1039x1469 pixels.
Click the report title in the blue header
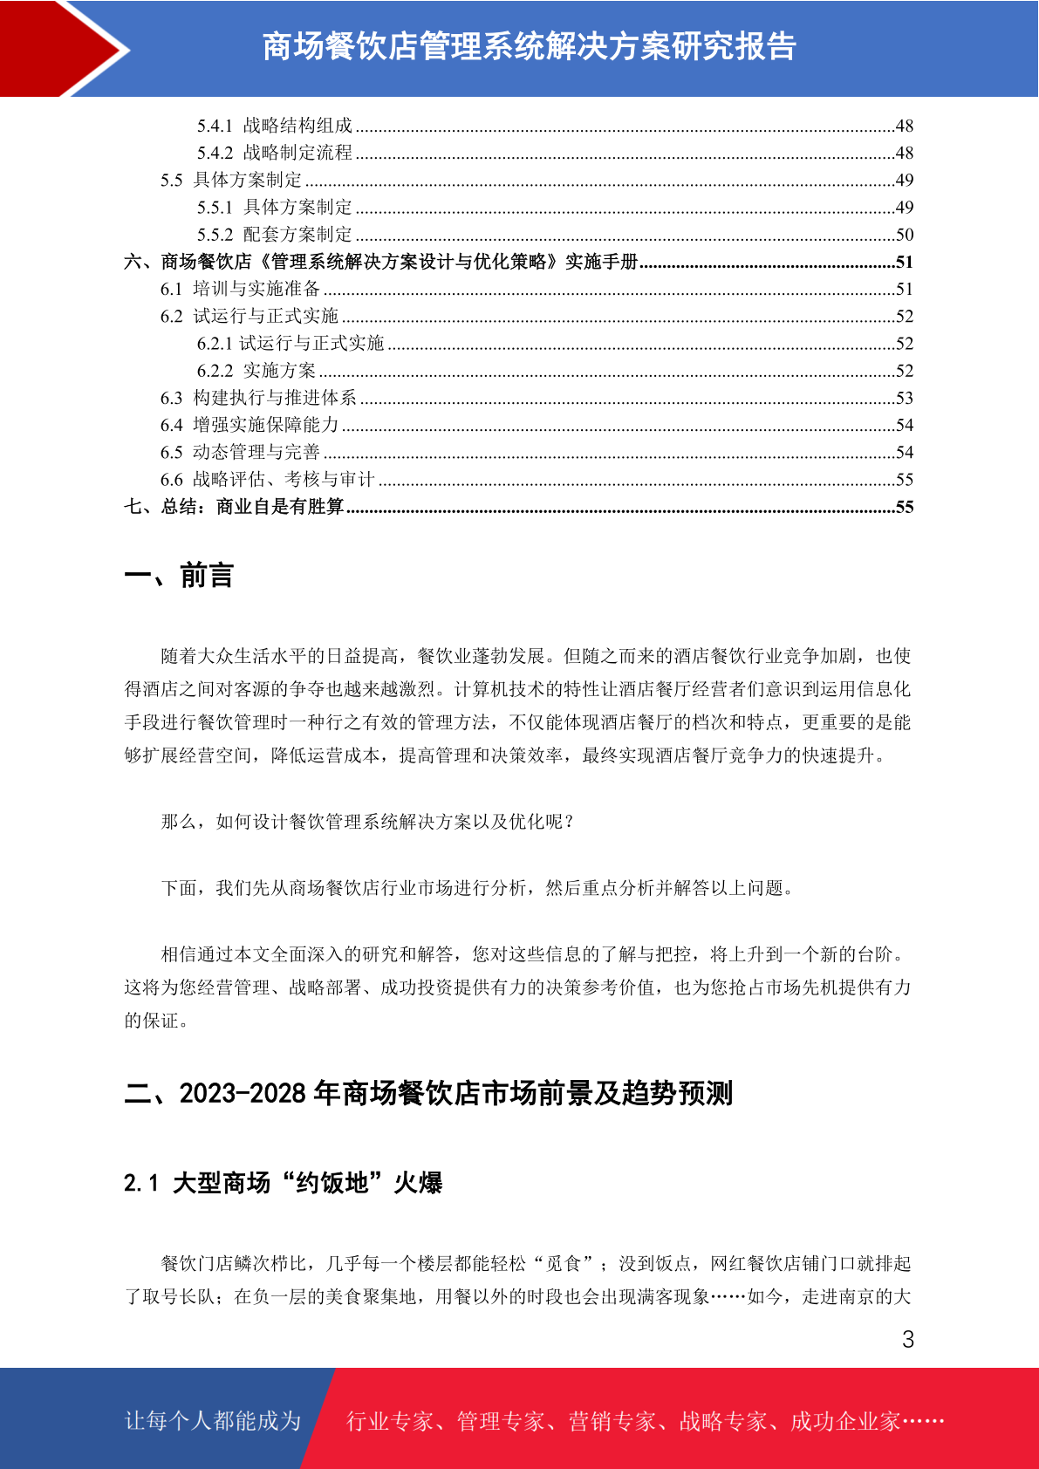click(x=529, y=47)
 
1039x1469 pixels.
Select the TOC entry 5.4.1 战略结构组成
click(x=275, y=126)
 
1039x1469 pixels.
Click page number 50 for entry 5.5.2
click(x=905, y=235)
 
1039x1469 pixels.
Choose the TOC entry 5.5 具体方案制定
click(x=231, y=180)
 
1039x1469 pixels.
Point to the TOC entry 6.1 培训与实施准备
click(x=241, y=289)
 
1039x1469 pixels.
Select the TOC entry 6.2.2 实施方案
click(x=256, y=371)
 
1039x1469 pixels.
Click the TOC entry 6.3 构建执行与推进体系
click(x=258, y=398)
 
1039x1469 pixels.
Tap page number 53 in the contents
click(x=905, y=398)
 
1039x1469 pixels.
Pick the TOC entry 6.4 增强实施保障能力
click(x=249, y=425)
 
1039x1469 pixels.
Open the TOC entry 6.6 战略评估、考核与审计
click(x=267, y=479)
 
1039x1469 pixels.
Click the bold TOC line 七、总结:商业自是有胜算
click(x=234, y=507)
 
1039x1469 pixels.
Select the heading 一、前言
click(x=179, y=576)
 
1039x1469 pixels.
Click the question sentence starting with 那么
click(x=368, y=822)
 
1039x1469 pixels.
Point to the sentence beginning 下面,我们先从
click(x=477, y=888)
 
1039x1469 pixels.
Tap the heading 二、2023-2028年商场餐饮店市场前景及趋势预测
click(x=428, y=1093)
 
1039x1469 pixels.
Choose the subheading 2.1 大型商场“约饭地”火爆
click(x=283, y=1183)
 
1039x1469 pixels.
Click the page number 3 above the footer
click(x=908, y=1340)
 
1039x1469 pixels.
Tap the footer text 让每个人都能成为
click(x=213, y=1421)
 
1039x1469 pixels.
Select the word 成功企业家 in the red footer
click(x=845, y=1421)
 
